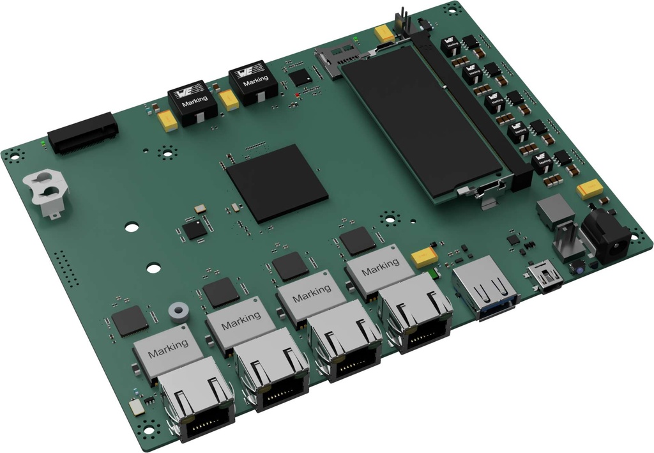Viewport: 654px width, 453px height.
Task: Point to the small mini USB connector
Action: tap(544, 276)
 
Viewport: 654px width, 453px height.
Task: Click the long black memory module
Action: tap(422, 121)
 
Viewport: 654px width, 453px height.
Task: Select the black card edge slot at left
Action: tap(84, 134)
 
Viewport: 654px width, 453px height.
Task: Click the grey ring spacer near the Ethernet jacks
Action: tap(179, 312)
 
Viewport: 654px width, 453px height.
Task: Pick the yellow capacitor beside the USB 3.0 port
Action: tap(424, 256)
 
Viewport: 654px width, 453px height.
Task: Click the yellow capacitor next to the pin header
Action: tap(384, 33)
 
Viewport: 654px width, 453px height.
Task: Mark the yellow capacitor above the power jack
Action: tap(589, 188)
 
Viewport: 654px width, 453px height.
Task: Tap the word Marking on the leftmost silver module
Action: tap(168, 348)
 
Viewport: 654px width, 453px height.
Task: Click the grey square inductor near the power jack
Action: tap(554, 210)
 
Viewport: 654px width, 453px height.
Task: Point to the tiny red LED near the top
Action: tap(297, 95)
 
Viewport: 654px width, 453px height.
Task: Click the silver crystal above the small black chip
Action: tap(200, 208)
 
